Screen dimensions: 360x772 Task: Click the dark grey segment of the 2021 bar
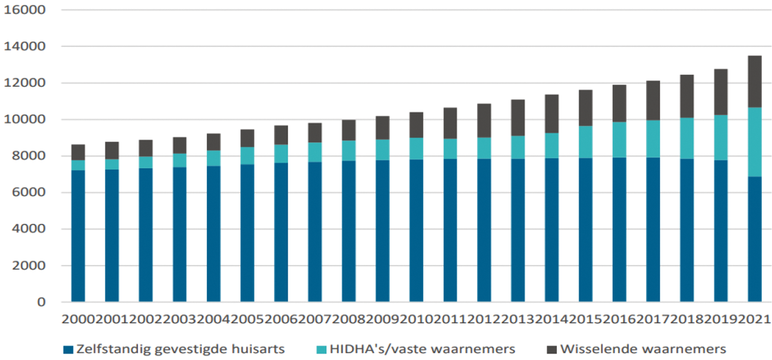click(x=754, y=81)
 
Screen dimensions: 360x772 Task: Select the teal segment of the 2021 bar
click(x=754, y=142)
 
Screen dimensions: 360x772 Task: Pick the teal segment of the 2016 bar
click(x=619, y=140)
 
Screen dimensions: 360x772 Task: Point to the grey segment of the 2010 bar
click(x=416, y=125)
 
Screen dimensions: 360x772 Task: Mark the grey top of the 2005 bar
click(x=247, y=138)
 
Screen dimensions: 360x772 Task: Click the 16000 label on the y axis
click(x=25, y=10)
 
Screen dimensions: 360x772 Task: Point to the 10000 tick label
click(x=25, y=119)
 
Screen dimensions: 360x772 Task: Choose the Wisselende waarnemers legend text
click(x=643, y=348)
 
